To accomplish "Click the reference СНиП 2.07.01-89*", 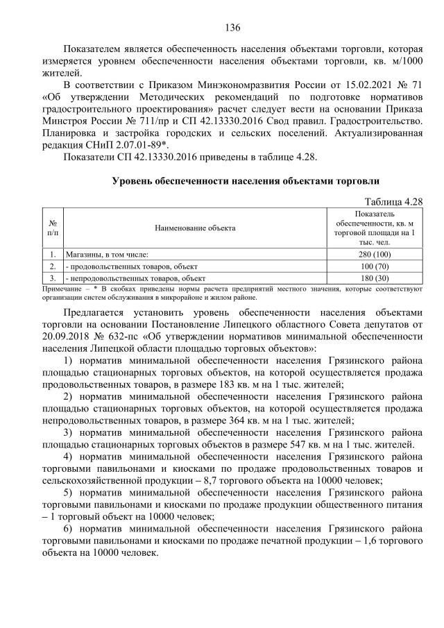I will (x=124, y=143).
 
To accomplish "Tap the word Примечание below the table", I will (x=60, y=286).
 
